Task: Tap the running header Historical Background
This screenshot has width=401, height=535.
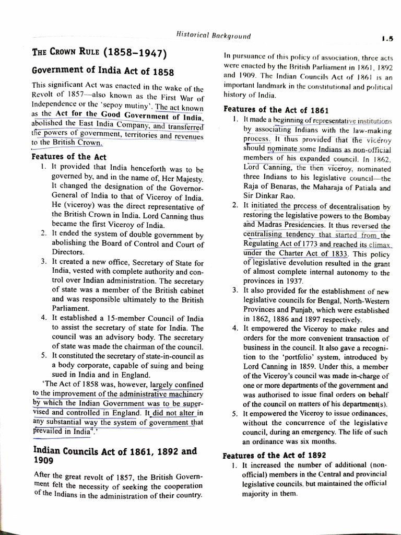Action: point(213,36)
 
